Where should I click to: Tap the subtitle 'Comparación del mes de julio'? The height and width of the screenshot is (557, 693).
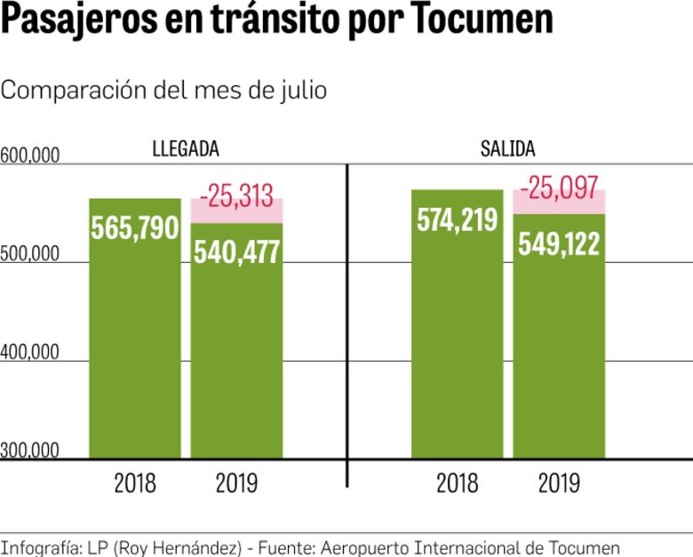[x=164, y=91]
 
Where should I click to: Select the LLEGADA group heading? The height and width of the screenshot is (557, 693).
[x=186, y=148]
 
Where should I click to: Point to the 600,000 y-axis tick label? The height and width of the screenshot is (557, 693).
[x=30, y=156]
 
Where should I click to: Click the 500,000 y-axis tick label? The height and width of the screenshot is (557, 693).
[x=30, y=254]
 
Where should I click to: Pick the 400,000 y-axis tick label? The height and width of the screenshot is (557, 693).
[x=30, y=353]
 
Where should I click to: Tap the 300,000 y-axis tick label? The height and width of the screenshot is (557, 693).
[x=30, y=450]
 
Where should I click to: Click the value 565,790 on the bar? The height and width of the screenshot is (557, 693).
[x=135, y=228]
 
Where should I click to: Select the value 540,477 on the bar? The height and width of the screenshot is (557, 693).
[x=237, y=251]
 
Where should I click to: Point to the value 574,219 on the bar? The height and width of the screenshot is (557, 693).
[x=457, y=220]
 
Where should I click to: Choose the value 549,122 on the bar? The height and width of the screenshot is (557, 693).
[x=559, y=243]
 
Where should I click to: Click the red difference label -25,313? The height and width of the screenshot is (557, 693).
[x=236, y=195]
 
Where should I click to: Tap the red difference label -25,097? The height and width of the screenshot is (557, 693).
[x=559, y=187]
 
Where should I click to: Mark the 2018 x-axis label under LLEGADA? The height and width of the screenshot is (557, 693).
[x=135, y=483]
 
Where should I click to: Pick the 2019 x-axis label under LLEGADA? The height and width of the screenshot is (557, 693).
[x=236, y=483]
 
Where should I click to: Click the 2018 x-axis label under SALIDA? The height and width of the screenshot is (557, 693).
[x=457, y=483]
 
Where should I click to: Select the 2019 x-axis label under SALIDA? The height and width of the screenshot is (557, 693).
[x=559, y=483]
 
